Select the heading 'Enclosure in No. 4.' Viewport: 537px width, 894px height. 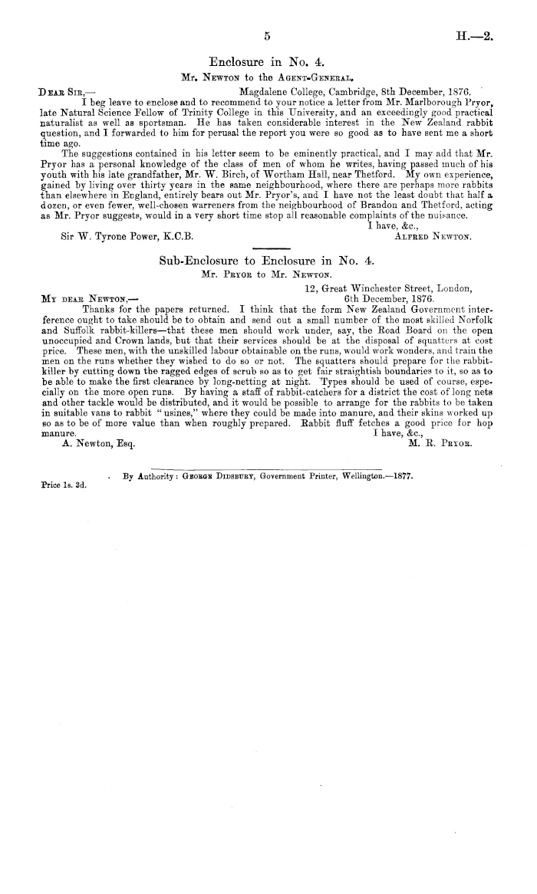268,61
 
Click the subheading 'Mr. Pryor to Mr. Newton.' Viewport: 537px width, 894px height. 265,274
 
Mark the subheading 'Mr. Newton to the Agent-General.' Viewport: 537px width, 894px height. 267,77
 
